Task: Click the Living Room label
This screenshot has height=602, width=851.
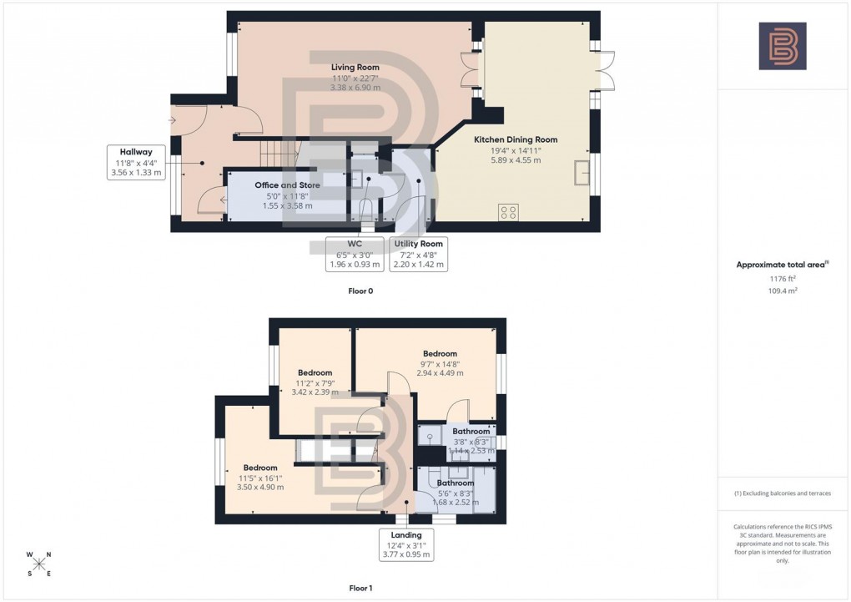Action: tap(355, 77)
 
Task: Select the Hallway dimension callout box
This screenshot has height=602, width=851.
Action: tap(135, 162)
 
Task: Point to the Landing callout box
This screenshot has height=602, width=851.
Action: tap(406, 544)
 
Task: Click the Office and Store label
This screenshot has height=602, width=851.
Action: tap(287, 195)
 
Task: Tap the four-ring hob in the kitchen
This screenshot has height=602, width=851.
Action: tap(507, 212)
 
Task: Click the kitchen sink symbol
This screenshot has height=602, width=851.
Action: tap(580, 173)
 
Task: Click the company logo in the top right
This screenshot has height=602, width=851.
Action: tap(783, 46)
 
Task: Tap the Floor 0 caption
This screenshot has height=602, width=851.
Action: tap(360, 291)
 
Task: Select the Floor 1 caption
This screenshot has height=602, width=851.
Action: tap(360, 588)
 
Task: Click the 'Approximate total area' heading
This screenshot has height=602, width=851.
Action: tap(781, 265)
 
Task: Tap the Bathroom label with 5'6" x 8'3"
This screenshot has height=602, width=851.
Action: tap(456, 493)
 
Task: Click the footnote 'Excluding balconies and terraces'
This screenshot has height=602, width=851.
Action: tap(783, 493)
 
